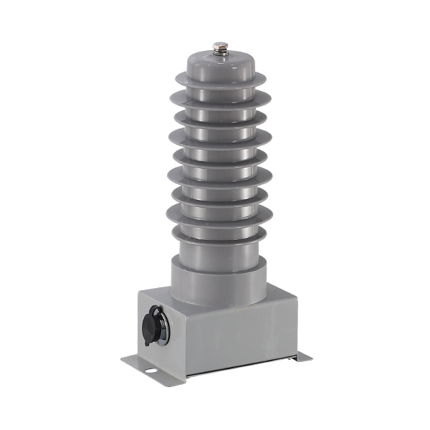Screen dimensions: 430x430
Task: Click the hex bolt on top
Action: tap(221, 48)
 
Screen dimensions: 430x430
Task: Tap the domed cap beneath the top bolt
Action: tap(221, 64)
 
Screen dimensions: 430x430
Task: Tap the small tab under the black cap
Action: tap(148, 342)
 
